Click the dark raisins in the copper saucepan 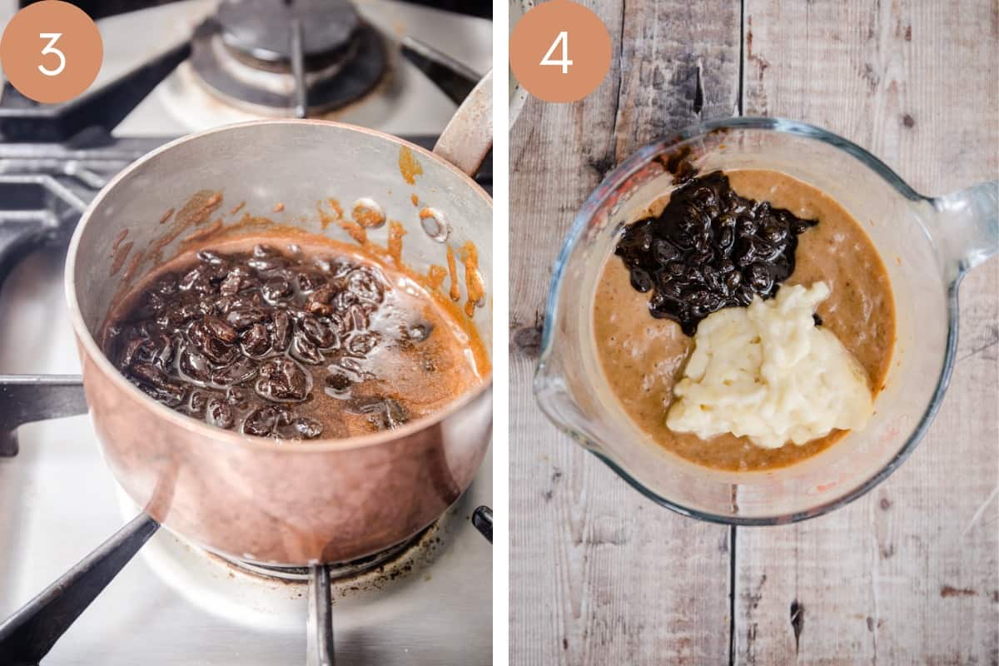(250, 339)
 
